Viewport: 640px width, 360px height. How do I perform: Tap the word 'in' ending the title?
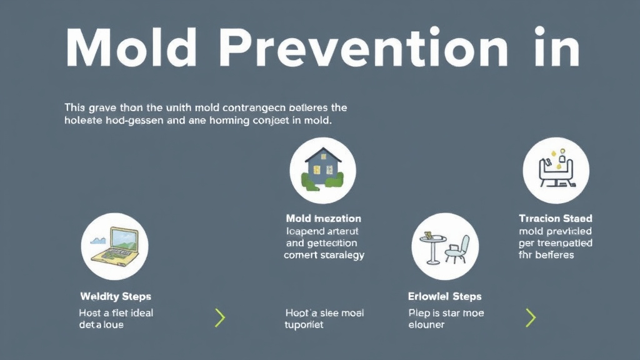click(x=552, y=48)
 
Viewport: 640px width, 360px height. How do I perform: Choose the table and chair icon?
click(x=445, y=246)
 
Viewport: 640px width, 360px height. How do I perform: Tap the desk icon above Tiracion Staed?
click(x=555, y=167)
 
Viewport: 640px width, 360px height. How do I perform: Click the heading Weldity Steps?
click(x=116, y=296)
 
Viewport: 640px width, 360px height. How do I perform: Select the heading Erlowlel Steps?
click(x=444, y=296)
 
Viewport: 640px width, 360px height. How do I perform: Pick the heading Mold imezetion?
click(x=323, y=219)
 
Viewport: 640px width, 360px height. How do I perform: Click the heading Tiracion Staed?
click(x=555, y=219)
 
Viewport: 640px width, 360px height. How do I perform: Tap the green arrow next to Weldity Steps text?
click(x=219, y=317)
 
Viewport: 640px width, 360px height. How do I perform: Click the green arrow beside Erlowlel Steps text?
click(x=531, y=317)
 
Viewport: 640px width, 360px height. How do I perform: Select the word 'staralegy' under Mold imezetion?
click(x=341, y=255)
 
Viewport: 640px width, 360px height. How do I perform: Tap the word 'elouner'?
click(x=426, y=325)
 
